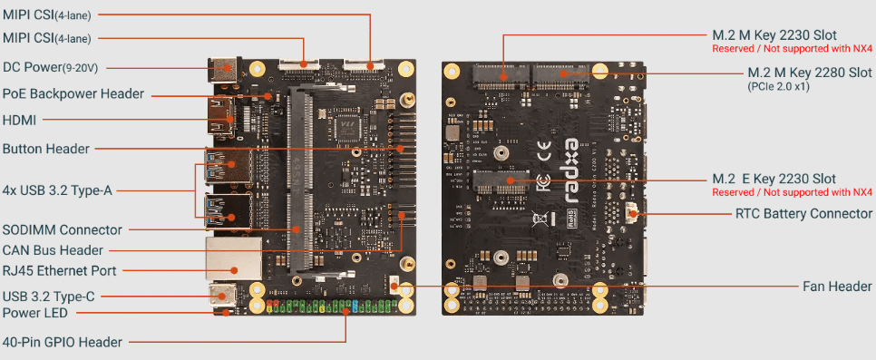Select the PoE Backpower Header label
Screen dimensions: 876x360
click(73, 92)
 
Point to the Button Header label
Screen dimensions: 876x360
click(46, 148)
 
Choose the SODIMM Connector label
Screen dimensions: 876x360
click(63, 229)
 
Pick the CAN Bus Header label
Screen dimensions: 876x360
click(52, 249)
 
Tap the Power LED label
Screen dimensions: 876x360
click(34, 313)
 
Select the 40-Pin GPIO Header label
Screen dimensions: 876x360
click(63, 342)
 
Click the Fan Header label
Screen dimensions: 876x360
click(838, 287)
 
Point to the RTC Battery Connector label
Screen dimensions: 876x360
click(803, 214)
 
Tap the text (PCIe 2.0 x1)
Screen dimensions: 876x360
click(779, 87)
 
